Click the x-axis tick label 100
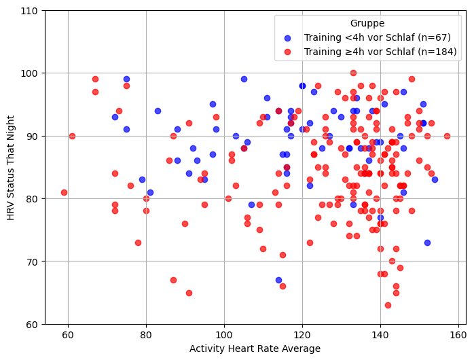[x=224, y=334]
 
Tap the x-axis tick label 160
[x=458, y=334]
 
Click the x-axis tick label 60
[x=68, y=334]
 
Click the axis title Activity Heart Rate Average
[x=255, y=348]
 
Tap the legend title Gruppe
[x=367, y=23]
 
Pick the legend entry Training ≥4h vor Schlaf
[x=380, y=52]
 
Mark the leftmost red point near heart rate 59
[x=64, y=192]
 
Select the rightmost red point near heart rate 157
[x=447, y=136]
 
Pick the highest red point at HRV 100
[x=353, y=73]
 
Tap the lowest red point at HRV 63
[x=388, y=305]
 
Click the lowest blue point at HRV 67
[x=278, y=280]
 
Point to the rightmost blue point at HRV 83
[x=435, y=179]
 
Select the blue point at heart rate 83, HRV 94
[x=158, y=111]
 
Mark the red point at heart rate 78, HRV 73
[x=138, y=242]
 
